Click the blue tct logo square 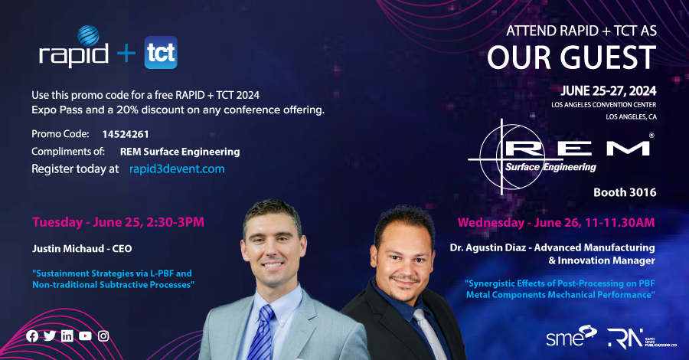(x=161, y=52)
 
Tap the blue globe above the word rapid (x=88, y=36)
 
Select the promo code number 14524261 (x=126, y=134)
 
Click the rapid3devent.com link (x=177, y=169)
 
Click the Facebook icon (x=32, y=336)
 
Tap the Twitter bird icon (x=50, y=335)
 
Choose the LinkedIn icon (x=67, y=336)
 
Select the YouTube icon (x=85, y=336)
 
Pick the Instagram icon (x=103, y=336)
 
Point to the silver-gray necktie (x=429, y=334)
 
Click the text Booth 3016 (x=625, y=192)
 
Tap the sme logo (x=571, y=336)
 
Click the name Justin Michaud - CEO (x=82, y=249)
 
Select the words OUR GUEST (x=572, y=57)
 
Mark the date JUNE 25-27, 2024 (x=609, y=91)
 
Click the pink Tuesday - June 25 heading (x=118, y=222)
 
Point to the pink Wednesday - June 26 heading (x=557, y=222)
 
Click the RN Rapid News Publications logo (x=642, y=339)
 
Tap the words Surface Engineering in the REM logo (x=550, y=167)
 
